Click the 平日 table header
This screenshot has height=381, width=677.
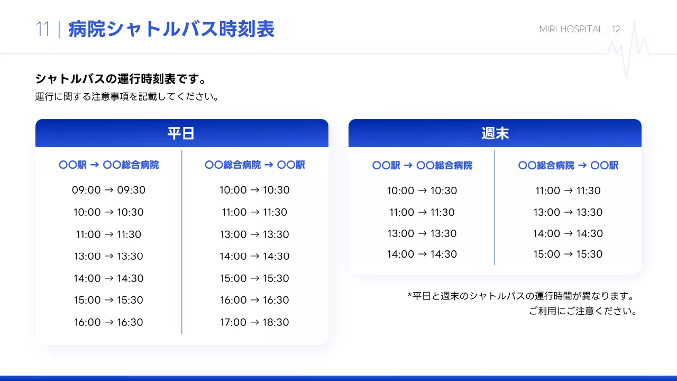tap(181, 133)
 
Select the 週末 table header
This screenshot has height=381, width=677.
tap(495, 133)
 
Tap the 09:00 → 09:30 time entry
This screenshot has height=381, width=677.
tap(108, 190)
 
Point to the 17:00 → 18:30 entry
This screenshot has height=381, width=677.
tap(254, 322)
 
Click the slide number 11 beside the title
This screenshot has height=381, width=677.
tap(43, 30)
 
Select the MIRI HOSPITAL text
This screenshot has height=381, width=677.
tap(571, 29)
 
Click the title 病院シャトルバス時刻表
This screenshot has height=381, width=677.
tap(171, 30)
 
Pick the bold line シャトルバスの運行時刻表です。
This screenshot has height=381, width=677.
tap(121, 79)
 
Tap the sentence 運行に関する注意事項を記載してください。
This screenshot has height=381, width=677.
tap(127, 97)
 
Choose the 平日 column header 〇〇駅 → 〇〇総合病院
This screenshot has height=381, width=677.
tap(108, 165)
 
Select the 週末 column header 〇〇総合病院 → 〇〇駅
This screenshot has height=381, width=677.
tap(568, 166)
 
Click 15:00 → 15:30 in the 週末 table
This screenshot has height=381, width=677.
tap(568, 254)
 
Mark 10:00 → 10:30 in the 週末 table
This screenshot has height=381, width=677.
tap(422, 190)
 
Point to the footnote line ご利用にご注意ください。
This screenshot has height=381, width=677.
tap(582, 311)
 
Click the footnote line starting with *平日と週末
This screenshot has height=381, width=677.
tap(521, 295)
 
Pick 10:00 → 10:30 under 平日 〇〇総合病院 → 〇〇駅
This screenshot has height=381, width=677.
tap(254, 190)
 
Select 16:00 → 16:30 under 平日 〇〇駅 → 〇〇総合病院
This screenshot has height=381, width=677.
tap(108, 322)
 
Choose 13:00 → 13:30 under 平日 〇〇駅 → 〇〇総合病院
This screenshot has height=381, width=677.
tap(108, 256)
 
